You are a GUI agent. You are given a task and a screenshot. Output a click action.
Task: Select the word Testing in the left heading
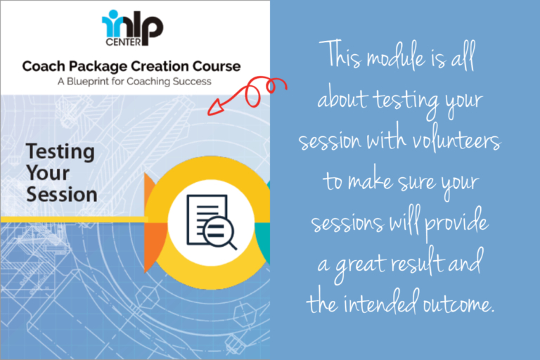point(60,151)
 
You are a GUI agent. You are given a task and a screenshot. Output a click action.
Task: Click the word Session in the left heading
point(62,193)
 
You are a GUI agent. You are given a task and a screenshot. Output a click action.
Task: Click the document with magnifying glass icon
point(211,221)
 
